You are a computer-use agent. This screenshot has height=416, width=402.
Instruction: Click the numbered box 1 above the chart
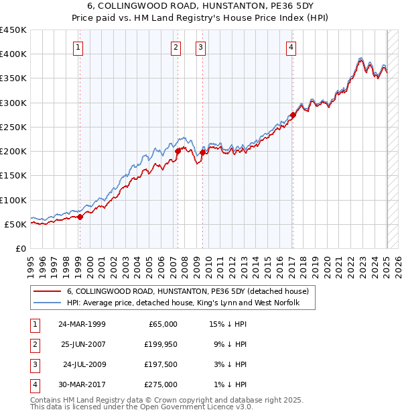coord(79,47)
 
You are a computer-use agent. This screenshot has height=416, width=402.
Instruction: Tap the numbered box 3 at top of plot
coord(200,47)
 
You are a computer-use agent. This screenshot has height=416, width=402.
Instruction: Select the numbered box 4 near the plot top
coord(291,47)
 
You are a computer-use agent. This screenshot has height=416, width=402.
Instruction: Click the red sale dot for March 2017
coord(293,115)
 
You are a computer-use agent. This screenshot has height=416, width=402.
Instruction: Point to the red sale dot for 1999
coord(80,217)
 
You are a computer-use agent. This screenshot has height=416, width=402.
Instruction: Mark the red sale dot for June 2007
coord(178,152)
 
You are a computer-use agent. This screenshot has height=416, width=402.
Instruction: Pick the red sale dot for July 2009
coord(202,153)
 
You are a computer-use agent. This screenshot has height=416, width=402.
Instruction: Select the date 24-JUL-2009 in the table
coord(84,364)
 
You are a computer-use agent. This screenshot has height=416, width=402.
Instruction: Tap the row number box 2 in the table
coord(33,344)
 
